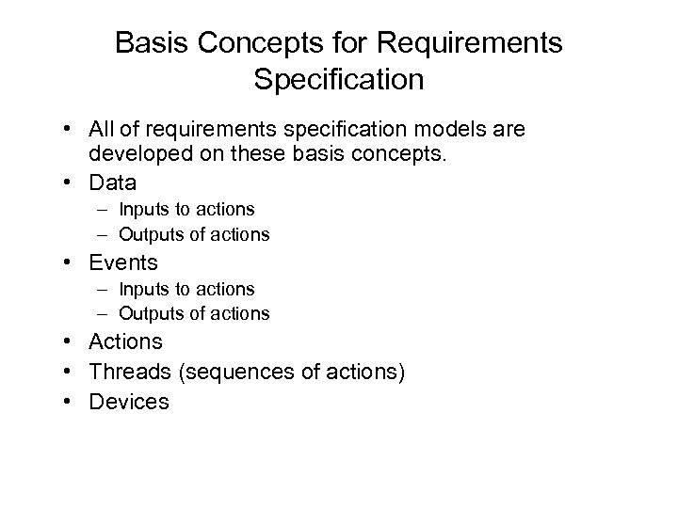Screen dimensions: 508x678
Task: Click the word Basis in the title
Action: [x=150, y=43]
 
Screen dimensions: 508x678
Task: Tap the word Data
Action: [x=113, y=182]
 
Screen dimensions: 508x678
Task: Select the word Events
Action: [x=123, y=263]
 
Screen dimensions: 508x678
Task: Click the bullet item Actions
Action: [x=126, y=342]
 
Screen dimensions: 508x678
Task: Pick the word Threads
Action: [x=131, y=372]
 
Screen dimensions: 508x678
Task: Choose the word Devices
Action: [x=129, y=402]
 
